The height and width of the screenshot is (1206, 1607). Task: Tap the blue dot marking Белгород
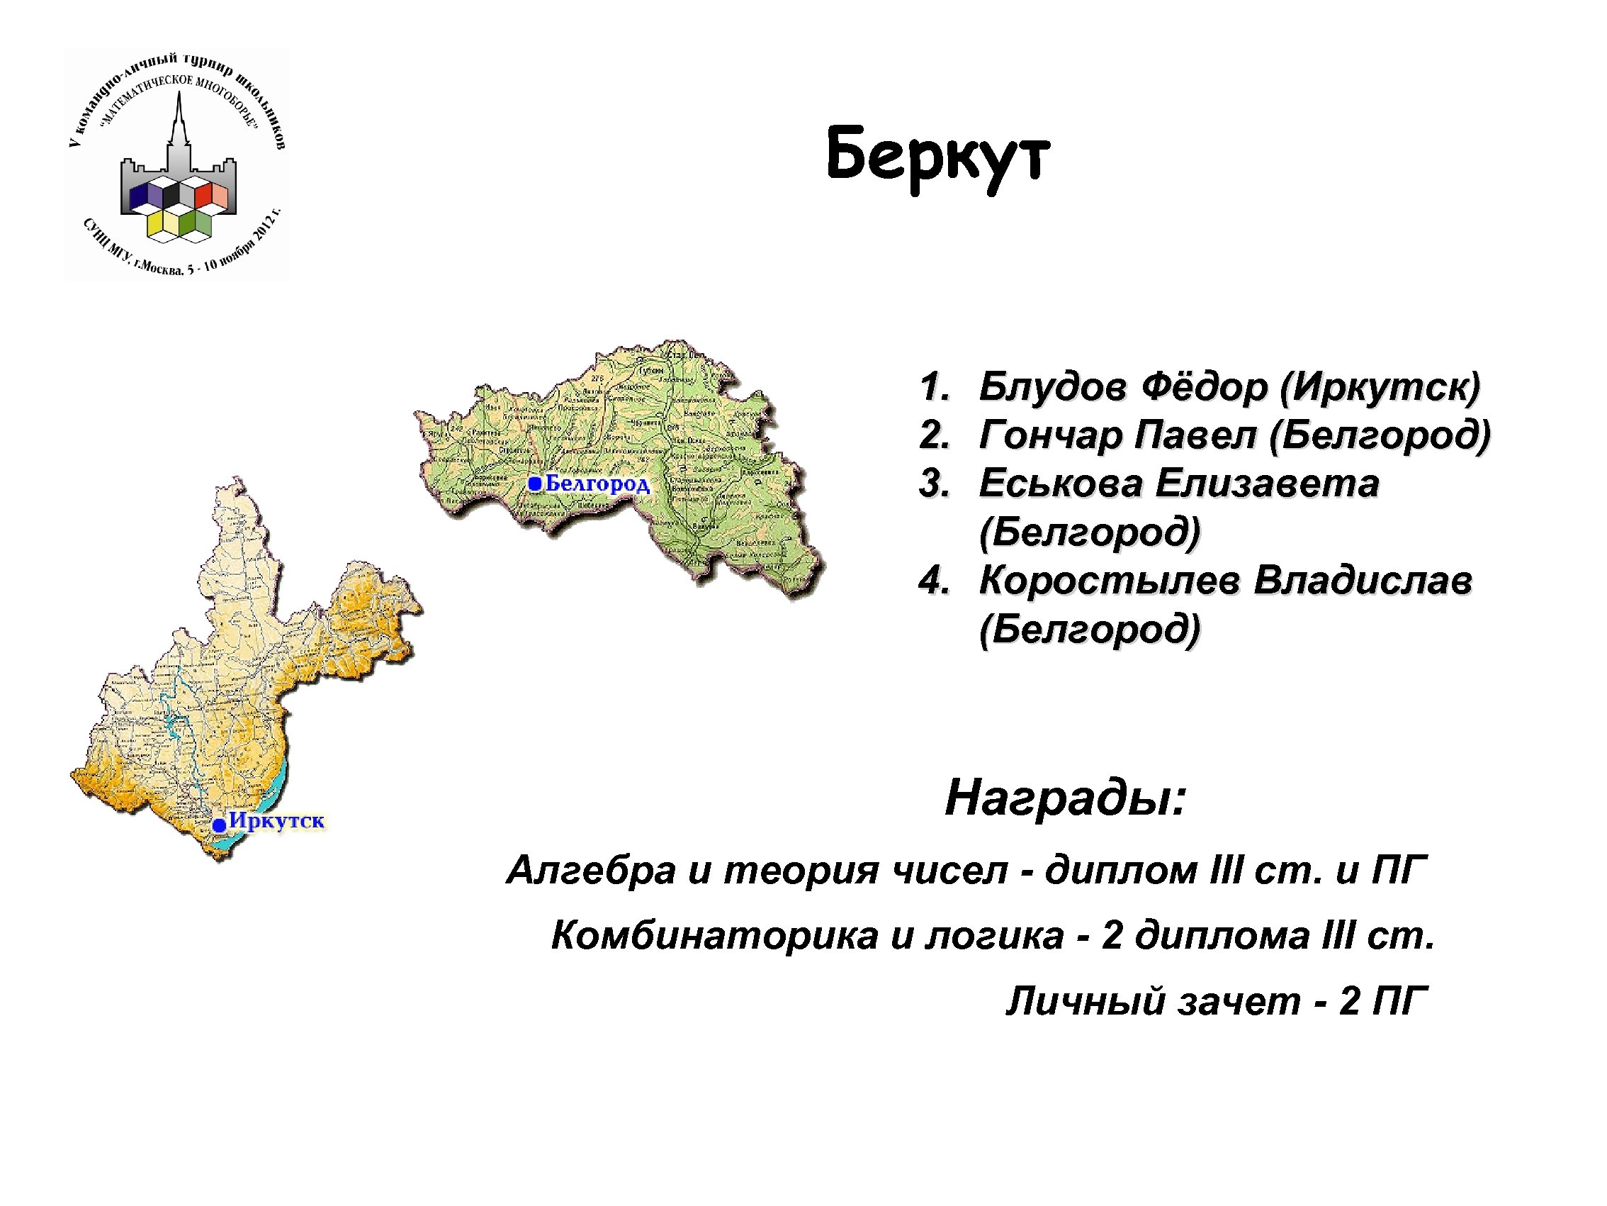(535, 484)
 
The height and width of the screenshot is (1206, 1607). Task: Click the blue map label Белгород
(597, 484)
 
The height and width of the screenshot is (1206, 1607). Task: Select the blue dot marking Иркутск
(219, 825)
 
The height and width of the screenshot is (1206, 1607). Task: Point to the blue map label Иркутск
(276, 821)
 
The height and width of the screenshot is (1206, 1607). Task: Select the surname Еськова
(1059, 484)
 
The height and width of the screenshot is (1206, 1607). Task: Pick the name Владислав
(1363, 580)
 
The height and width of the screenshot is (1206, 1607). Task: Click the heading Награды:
(1065, 798)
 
